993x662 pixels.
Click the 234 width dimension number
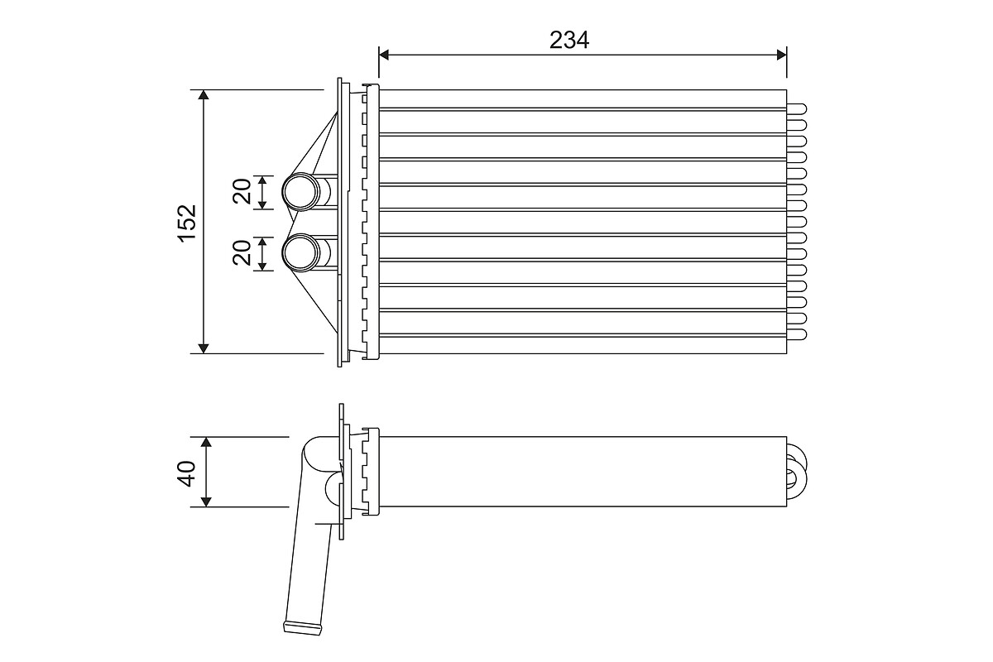[x=569, y=39]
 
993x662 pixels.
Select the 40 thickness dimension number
[x=187, y=473]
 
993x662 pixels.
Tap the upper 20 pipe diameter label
[x=242, y=192]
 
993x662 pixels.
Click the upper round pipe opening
[x=300, y=192]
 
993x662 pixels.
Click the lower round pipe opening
[x=300, y=253]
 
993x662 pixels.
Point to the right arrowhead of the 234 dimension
[x=780, y=55]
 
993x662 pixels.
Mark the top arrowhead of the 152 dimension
[x=204, y=96]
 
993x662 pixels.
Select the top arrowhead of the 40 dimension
[x=206, y=443]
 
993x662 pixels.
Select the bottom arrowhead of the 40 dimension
[x=206, y=501]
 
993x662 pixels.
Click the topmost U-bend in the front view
[x=798, y=108]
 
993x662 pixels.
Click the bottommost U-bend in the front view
[x=798, y=334]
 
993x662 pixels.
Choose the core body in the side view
[x=579, y=472]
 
